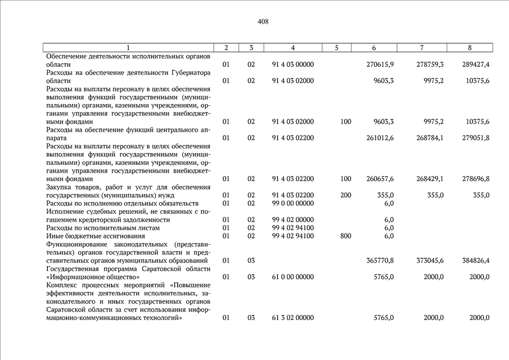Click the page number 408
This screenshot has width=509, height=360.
[263, 22]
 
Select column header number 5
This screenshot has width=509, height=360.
[336, 48]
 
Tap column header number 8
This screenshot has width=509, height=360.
[470, 48]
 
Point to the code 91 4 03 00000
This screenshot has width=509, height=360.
[292, 65]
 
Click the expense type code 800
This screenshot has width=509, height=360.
[345, 236]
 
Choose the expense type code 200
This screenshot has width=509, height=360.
[345, 195]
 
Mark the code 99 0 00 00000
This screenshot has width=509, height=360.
[292, 203]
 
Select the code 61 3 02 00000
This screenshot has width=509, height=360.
[292, 318]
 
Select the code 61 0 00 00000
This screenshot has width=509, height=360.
[292, 277]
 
